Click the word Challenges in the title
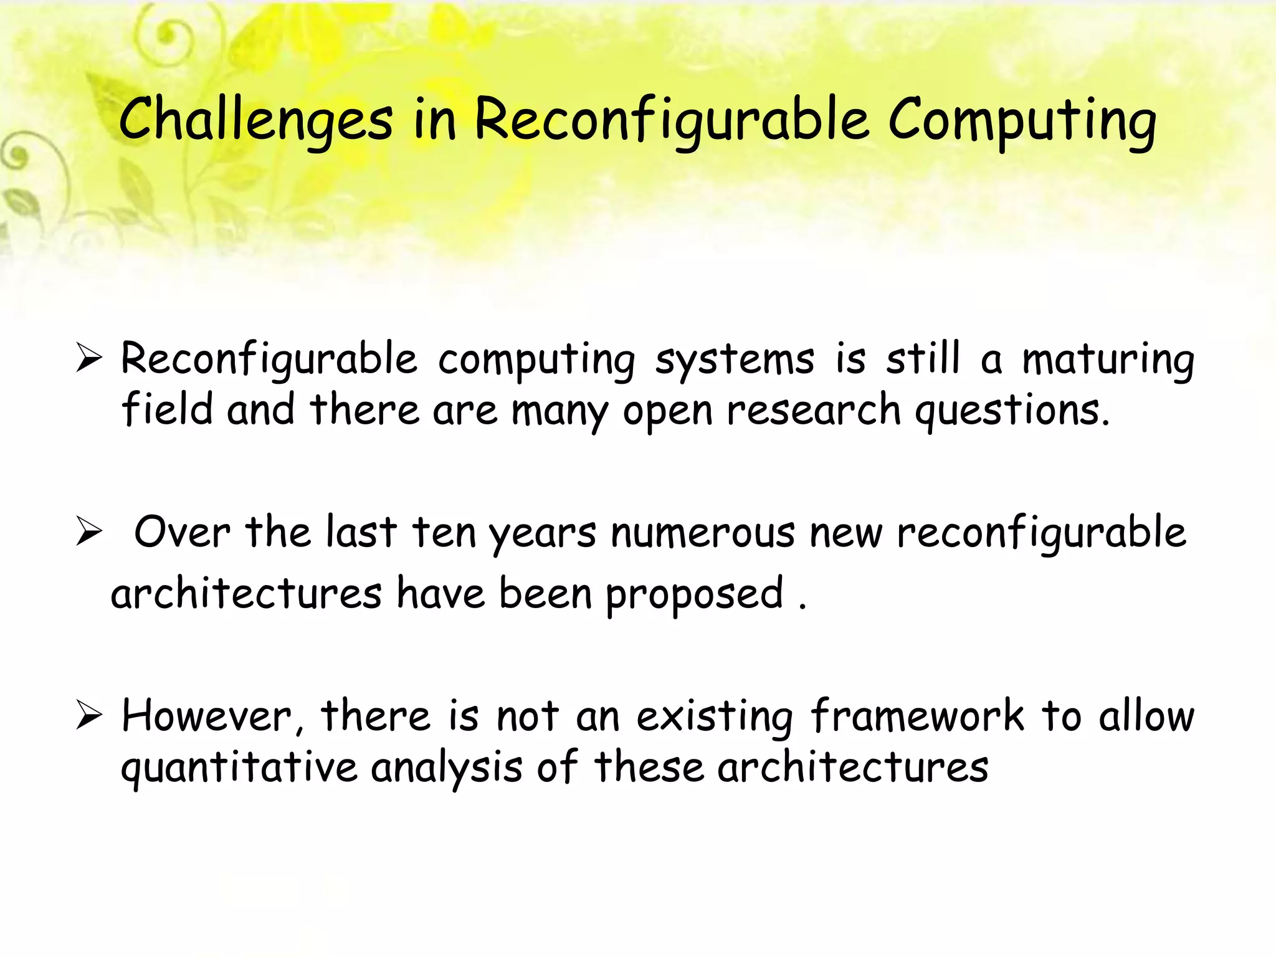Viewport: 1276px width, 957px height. [255, 120]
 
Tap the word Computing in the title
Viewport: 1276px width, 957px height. [1022, 120]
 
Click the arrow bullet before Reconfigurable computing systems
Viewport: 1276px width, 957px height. [89, 359]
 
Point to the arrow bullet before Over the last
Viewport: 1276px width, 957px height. [89, 533]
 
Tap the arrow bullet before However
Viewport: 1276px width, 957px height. [89, 716]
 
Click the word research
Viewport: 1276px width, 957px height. [814, 411]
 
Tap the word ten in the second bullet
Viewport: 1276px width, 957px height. [444, 533]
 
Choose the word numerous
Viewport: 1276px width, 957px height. [703, 533]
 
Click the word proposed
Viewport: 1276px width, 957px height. [694, 594]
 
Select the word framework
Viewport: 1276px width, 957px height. [917, 716]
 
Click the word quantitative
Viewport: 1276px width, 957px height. [239, 768]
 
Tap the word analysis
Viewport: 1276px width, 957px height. [447, 768]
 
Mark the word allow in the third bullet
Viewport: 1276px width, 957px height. [1146, 716]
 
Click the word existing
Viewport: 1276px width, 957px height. [715, 716]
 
